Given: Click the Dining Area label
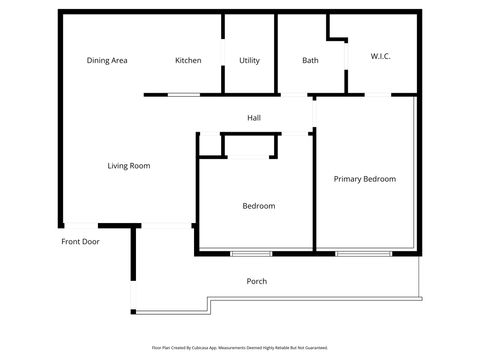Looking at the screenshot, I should pyautogui.click(x=107, y=61).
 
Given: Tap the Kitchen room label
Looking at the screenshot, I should pyautogui.click(x=188, y=61).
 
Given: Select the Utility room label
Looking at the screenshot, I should pyautogui.click(x=249, y=61).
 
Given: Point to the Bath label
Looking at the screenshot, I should pyautogui.click(x=310, y=61).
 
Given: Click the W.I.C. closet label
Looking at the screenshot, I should pyautogui.click(x=380, y=57).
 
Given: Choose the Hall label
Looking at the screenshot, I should pyautogui.click(x=254, y=119).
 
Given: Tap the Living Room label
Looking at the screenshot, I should pyautogui.click(x=128, y=166).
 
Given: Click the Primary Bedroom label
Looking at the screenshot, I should pyautogui.click(x=364, y=179).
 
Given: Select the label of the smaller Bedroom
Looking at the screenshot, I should pyautogui.click(x=259, y=206).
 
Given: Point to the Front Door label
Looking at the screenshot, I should pyautogui.click(x=80, y=242).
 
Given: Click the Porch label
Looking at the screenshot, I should pyautogui.click(x=257, y=281).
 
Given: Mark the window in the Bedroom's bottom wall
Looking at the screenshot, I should pyautogui.click(x=251, y=253).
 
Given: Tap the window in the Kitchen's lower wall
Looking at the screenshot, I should pyautogui.click(x=183, y=95).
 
